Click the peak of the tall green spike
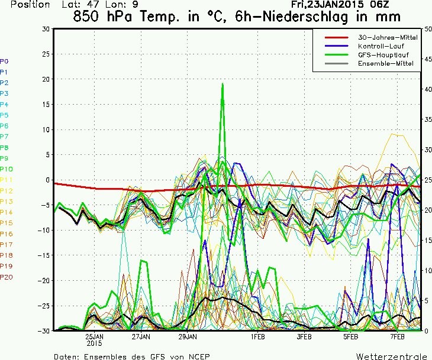pos(223,83)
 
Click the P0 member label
pos(5,61)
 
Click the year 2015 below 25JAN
pos(95,343)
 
